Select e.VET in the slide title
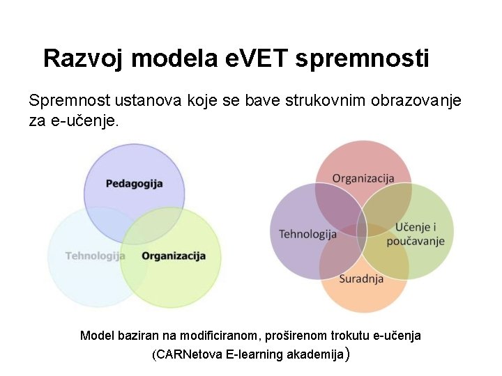257,58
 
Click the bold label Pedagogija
134,184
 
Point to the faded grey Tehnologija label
95,256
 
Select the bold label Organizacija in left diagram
174,256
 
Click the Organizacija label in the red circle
363,178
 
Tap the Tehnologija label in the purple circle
307,234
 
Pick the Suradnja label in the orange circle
361,279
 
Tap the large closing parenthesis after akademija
348,355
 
